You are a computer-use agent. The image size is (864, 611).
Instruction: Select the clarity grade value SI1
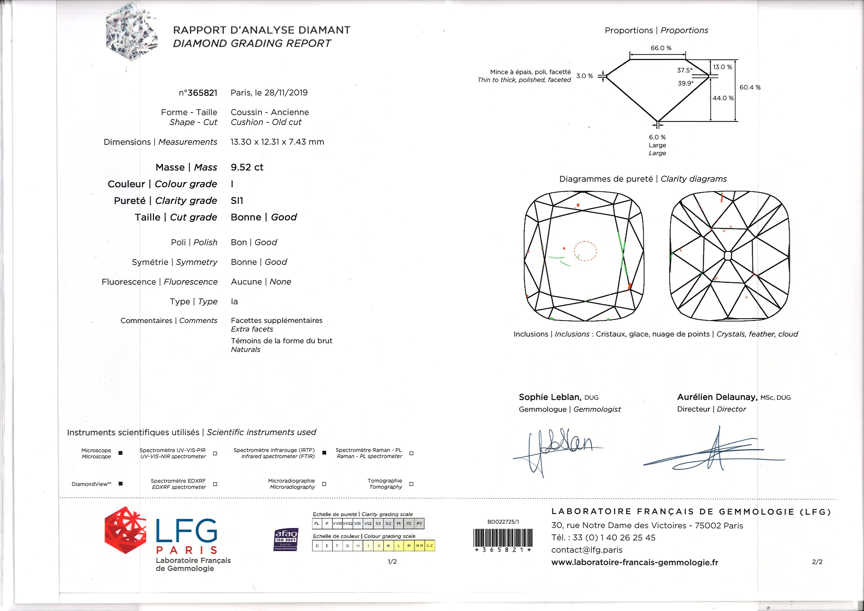coord(237,201)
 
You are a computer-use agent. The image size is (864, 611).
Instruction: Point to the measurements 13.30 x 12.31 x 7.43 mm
coord(277,142)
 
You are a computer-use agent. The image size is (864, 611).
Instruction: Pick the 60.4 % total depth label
coord(750,87)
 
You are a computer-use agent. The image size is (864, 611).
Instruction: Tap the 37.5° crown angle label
coord(684,70)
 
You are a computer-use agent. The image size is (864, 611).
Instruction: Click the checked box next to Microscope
coord(120,453)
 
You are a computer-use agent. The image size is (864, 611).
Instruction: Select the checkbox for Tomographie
coord(411,484)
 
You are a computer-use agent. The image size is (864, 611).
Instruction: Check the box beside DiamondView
coord(120,484)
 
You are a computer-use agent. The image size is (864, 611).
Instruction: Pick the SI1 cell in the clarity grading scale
coord(378,523)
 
